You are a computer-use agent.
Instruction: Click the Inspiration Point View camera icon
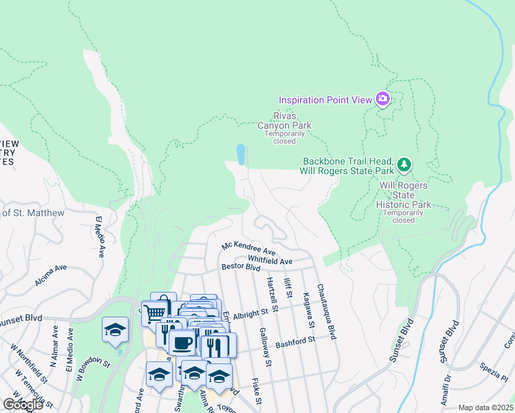coord(383,100)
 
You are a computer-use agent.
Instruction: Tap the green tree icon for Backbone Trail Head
coord(404,165)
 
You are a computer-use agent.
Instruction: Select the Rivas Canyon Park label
coord(284,120)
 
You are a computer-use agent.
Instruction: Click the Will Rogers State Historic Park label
coord(403,195)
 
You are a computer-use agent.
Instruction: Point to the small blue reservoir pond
coord(240,154)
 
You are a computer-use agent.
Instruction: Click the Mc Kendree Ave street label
coord(249,246)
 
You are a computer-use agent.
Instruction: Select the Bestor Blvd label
coord(240,266)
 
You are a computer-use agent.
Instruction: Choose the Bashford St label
coord(295,341)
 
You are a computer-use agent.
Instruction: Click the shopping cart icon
coord(156,312)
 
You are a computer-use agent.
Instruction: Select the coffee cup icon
coord(182,342)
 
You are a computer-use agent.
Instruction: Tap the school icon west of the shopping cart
coord(116,329)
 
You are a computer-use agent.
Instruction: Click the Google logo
coord(23,405)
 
